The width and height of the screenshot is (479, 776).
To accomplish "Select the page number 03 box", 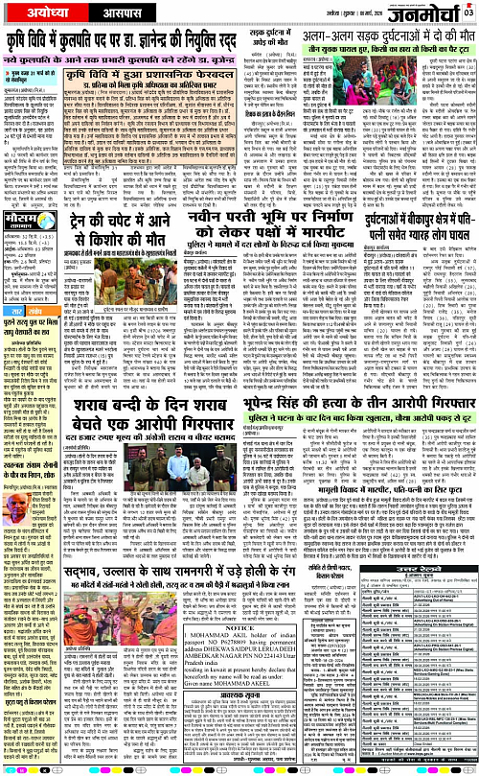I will [468, 11].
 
